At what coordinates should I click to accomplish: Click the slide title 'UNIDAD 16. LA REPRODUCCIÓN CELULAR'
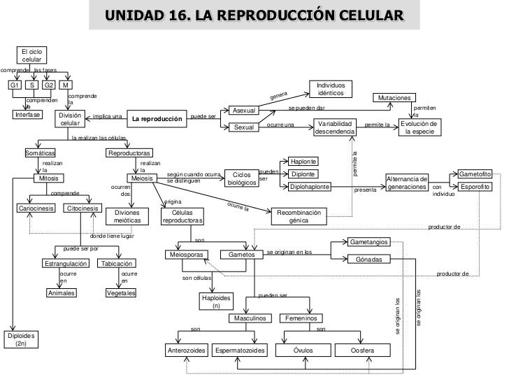[254, 15]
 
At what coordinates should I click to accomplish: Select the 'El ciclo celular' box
[32, 56]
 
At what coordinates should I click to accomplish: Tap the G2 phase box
[49, 85]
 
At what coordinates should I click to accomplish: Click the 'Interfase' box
[28, 114]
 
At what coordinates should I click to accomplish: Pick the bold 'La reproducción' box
[157, 119]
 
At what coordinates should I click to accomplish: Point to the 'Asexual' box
[244, 111]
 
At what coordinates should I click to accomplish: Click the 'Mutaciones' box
[395, 98]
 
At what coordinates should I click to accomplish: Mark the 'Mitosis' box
[48, 178]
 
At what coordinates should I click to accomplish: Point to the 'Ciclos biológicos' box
[241, 178]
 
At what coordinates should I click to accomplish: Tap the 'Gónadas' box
[373, 260]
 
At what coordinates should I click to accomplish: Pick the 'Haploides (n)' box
[216, 301]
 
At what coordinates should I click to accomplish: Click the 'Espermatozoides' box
[240, 350]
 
